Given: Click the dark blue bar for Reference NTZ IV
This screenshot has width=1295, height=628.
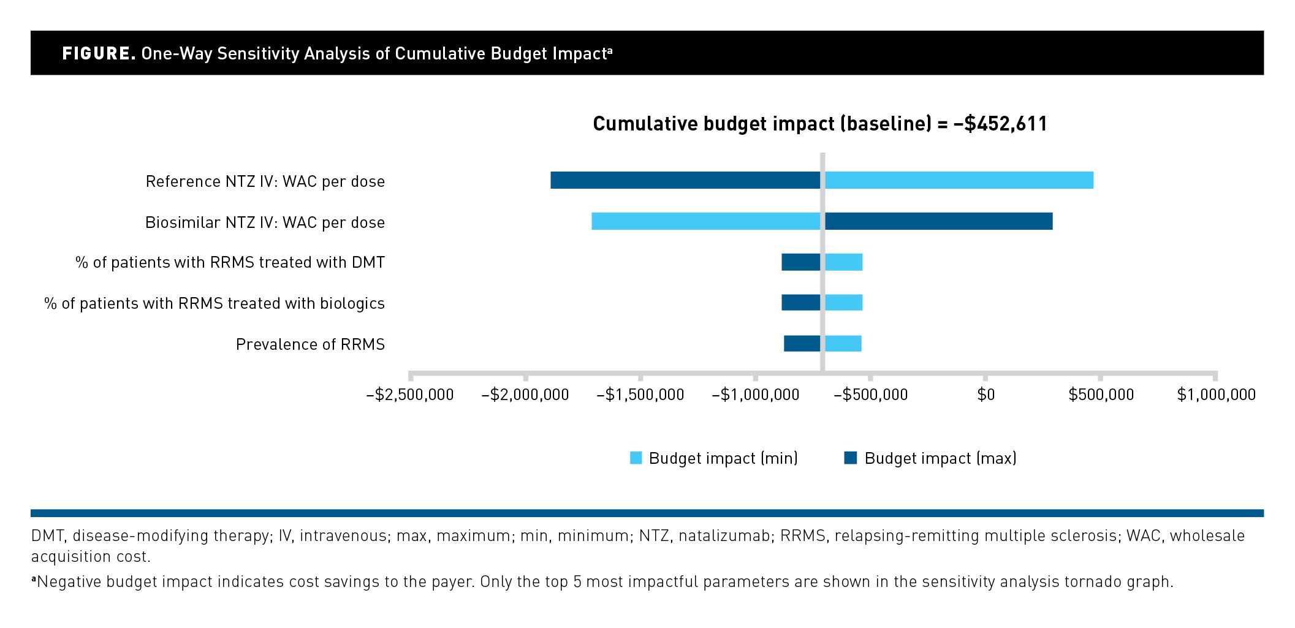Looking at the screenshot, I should (685, 180).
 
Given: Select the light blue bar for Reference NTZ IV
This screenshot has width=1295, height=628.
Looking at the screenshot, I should (959, 180).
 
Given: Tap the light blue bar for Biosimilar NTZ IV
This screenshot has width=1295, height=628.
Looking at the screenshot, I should (705, 221).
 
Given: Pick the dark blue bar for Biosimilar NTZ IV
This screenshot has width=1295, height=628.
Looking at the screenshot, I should (938, 221).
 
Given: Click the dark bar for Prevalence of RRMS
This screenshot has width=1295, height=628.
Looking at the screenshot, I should (802, 344).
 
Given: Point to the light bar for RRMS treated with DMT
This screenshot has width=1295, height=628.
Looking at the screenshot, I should (843, 262).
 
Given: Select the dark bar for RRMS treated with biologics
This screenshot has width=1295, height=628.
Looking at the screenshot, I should (800, 303).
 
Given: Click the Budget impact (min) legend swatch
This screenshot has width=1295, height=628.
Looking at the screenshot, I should (636, 458).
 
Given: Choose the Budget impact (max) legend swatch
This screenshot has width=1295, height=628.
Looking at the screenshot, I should (851, 458).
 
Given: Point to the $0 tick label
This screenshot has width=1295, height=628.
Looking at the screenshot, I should (985, 395).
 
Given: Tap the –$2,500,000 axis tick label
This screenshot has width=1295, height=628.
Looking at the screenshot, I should (410, 395).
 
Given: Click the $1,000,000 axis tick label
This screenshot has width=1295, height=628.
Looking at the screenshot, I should (1217, 395).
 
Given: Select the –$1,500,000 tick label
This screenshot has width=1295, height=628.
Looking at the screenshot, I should (640, 395).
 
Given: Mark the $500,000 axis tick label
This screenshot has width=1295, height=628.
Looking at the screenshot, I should (1101, 395).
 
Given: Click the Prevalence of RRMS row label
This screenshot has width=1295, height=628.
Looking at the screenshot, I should (310, 344).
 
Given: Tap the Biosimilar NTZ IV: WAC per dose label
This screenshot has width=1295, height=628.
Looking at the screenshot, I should (265, 222).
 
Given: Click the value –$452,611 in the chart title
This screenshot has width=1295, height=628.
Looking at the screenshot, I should (1000, 124).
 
